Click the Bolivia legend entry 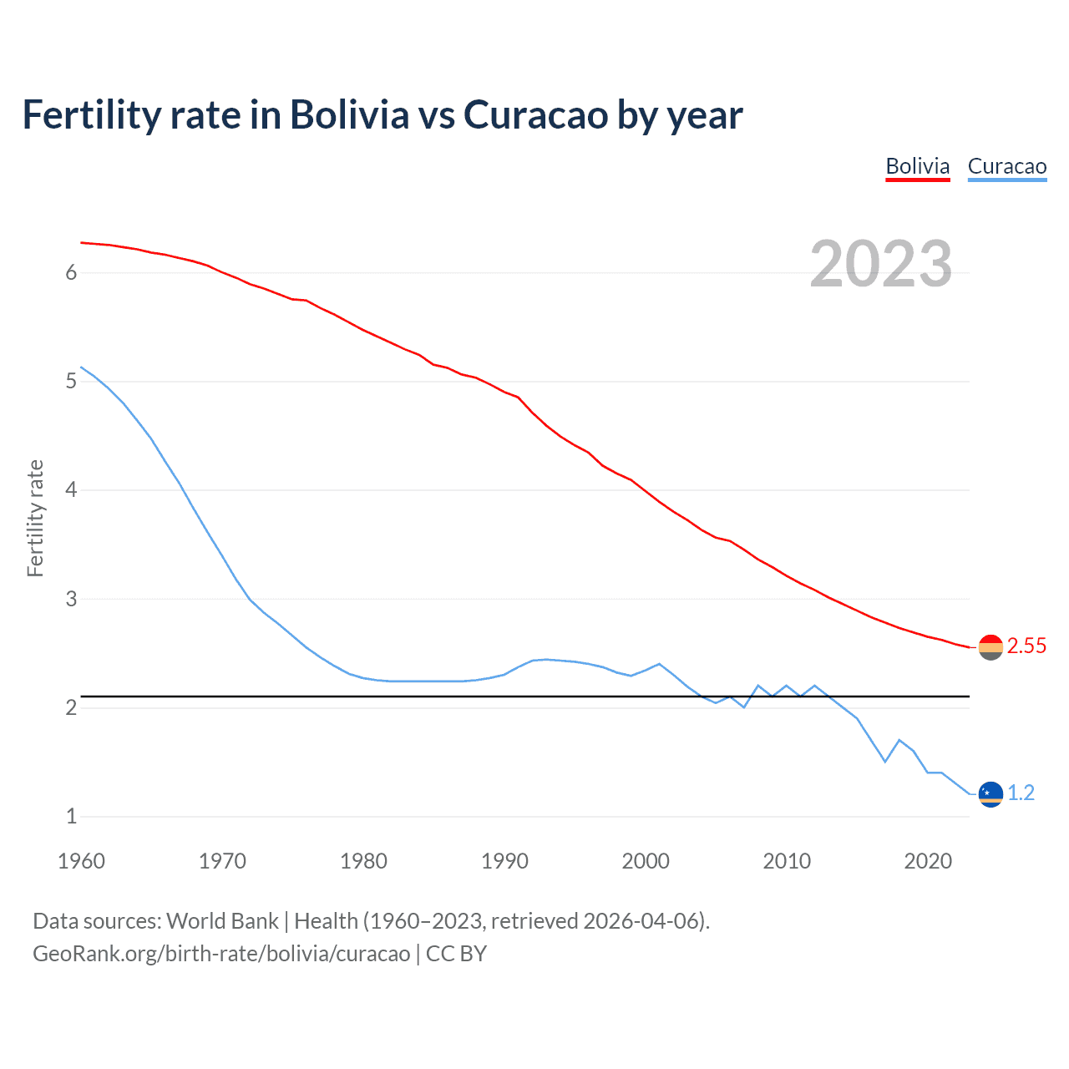pos(917,166)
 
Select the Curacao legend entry pos(1006,166)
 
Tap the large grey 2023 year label pos(880,264)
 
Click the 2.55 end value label pos(1026,646)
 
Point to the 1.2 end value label pos(1021,793)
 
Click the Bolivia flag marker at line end pos(990,647)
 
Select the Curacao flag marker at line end pos(990,793)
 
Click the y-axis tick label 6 pos(71,272)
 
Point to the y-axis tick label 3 pos(71,599)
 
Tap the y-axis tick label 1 pos(71,816)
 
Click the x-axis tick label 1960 pos(81,861)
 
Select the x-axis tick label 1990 pos(504,861)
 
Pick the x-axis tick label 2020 pos(928,861)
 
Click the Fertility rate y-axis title pos(35,518)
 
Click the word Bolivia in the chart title pos(349,114)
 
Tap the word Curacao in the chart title pos(535,114)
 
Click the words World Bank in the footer pos(222,921)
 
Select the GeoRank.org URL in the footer pos(221,954)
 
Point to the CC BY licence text pos(456,954)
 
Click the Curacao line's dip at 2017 pos(885,761)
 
